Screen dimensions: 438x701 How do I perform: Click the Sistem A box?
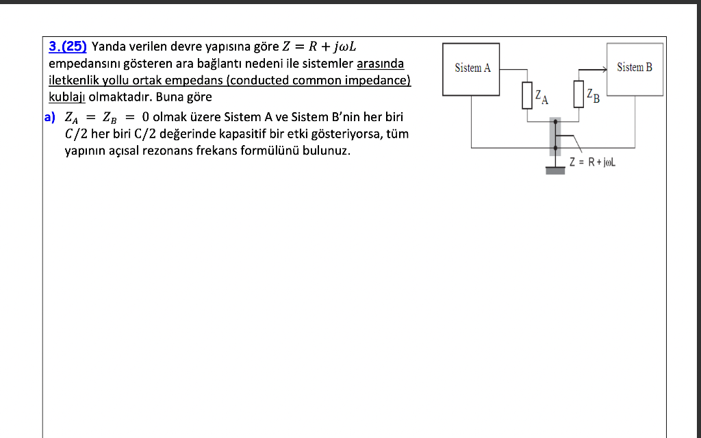point(472,68)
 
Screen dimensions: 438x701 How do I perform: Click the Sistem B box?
point(634,68)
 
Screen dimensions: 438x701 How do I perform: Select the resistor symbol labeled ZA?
point(527,95)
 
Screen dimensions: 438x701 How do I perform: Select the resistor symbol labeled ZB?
point(579,94)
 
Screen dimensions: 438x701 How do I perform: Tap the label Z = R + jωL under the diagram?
point(593,162)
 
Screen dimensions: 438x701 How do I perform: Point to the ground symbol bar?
point(555,170)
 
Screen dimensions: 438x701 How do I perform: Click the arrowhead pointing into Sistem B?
point(604,69)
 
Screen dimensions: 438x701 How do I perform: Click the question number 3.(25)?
point(68,47)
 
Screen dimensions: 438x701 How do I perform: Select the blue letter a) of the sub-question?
point(49,117)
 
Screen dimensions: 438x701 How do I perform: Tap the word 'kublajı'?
point(66,96)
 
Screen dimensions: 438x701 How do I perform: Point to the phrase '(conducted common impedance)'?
point(318,80)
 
